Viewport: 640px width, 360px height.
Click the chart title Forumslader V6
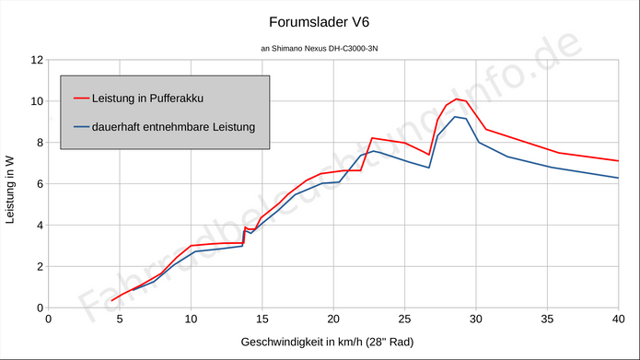[x=319, y=21]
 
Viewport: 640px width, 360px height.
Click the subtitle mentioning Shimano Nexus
[x=319, y=48]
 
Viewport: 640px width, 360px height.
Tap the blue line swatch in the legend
[x=80, y=126]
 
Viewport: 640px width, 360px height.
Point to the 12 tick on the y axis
[x=38, y=60]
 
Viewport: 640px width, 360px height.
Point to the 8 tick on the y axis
[x=38, y=143]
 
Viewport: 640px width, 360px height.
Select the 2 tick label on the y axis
[x=38, y=267]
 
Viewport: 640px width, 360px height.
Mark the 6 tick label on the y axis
[x=38, y=184]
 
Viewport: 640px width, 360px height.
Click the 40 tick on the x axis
[x=617, y=319]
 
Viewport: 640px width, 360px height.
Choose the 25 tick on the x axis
[x=404, y=319]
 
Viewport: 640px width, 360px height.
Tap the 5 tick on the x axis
[x=120, y=319]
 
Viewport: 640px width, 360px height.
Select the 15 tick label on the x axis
[x=262, y=319]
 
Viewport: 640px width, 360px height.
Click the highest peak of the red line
[x=457, y=99]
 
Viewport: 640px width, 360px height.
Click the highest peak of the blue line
[x=456, y=117]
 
